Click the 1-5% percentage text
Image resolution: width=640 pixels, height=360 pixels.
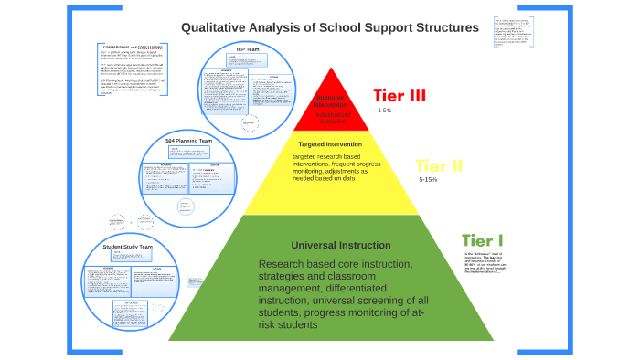[384, 111]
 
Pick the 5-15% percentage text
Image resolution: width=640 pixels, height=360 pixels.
[428, 181]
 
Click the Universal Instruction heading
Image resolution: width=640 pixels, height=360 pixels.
[333, 245]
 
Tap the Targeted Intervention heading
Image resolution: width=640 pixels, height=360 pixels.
[330, 143]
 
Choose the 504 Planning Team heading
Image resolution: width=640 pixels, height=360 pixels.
[189, 141]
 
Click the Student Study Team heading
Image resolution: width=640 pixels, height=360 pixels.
[127, 248]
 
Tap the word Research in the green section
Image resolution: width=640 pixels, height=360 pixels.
[283, 265]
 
